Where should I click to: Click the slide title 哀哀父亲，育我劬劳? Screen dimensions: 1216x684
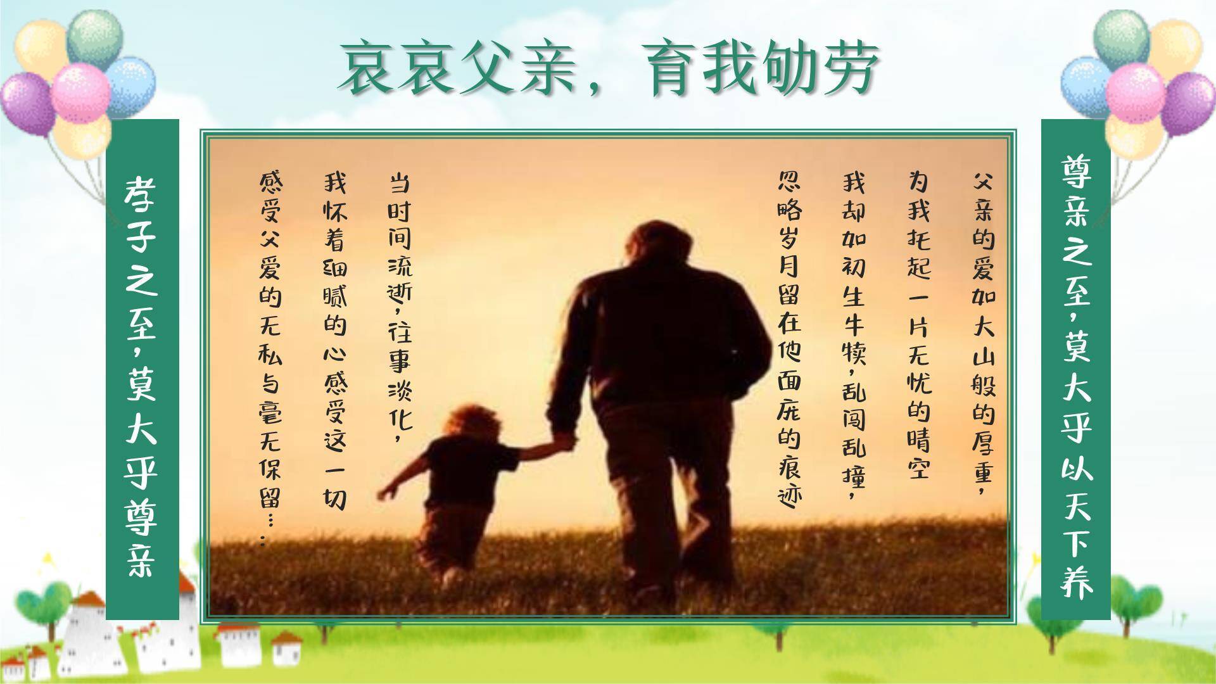(608, 68)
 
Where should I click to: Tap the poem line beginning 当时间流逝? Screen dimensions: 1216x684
(400, 307)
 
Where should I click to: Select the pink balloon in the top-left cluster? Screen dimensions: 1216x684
(80, 92)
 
